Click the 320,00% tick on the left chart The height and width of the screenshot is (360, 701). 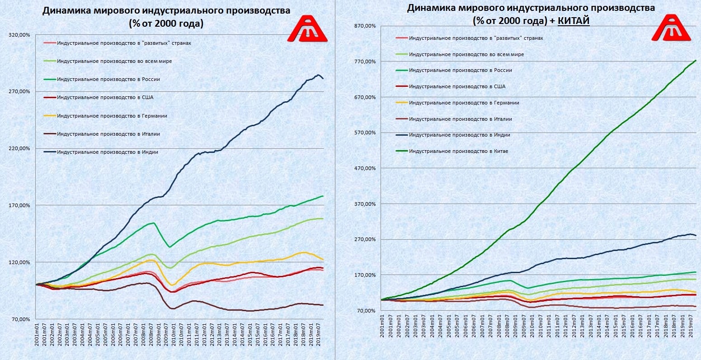coord(19,35)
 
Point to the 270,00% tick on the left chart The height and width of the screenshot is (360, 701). coord(19,91)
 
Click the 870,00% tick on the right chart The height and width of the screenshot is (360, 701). coord(366,26)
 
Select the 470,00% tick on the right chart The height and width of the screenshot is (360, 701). coord(366,168)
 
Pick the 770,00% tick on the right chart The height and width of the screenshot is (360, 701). coord(366,62)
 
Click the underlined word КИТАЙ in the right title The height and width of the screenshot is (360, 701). coord(574,21)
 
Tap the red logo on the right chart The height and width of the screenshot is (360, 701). coord(672,28)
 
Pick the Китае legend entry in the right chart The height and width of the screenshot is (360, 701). coord(458,151)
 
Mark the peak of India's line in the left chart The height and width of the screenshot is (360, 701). coord(318,75)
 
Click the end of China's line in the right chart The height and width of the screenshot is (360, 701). coord(696,60)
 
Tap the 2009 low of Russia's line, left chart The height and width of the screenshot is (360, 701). coord(169,247)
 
